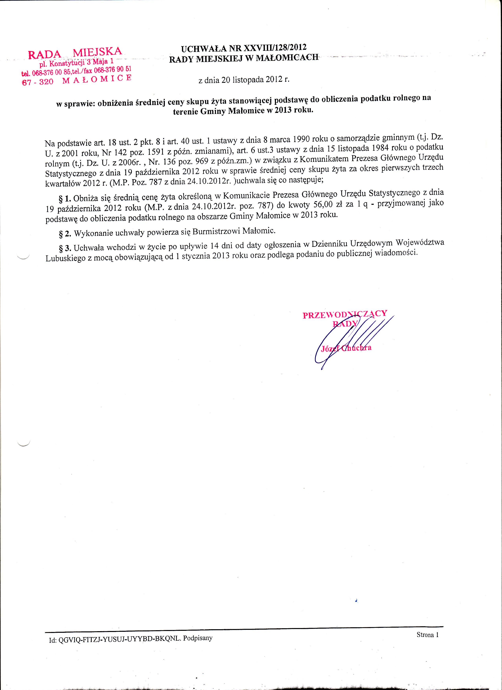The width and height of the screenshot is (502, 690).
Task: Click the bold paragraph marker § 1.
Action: (65, 199)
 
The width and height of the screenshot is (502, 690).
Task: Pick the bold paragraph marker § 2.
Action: (65, 234)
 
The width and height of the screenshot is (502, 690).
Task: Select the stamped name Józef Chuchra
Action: (346, 348)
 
